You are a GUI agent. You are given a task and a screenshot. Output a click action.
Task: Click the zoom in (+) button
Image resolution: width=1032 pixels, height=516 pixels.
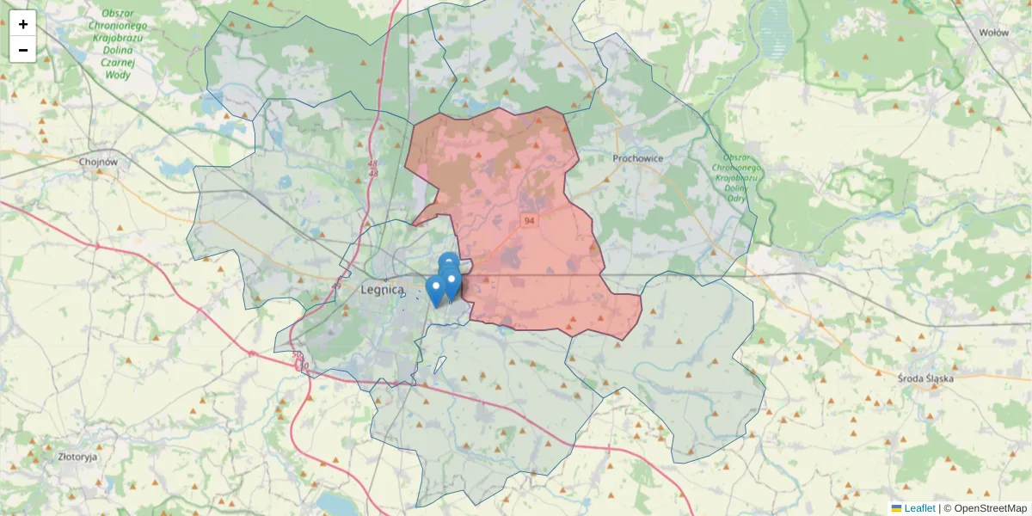click(x=23, y=24)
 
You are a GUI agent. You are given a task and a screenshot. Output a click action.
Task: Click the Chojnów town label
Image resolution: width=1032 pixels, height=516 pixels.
click(x=97, y=162)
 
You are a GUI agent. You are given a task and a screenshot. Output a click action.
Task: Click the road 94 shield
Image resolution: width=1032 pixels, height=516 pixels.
click(x=528, y=221)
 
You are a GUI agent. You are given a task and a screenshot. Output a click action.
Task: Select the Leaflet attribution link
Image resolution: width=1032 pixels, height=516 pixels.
click(x=919, y=508)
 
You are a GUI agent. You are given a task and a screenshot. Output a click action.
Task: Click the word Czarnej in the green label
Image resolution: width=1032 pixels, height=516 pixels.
click(x=118, y=63)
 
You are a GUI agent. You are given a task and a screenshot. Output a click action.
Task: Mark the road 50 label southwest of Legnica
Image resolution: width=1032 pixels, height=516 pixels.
click(x=298, y=355)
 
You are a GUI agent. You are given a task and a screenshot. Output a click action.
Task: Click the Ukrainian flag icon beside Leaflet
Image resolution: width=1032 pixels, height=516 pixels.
click(x=897, y=508)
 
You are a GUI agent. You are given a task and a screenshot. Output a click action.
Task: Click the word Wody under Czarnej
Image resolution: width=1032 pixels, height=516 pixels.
click(x=118, y=75)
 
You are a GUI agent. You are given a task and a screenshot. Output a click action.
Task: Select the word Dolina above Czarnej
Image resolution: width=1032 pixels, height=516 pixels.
click(x=118, y=51)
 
